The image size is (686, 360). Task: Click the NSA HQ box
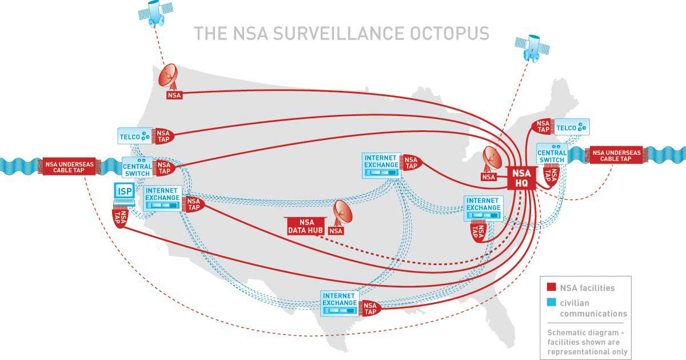(521, 178)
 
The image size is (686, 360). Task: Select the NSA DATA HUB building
(306, 226)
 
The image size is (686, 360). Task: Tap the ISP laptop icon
(125, 194)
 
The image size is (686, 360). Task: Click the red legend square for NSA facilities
(551, 287)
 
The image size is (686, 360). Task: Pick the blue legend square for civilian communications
(551, 302)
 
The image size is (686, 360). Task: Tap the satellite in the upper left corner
(155, 13)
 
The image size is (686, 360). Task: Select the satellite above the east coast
(532, 48)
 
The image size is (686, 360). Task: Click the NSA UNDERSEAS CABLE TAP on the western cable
(69, 167)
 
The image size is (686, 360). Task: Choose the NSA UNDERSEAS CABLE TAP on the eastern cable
(616, 155)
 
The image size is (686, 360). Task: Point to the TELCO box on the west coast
(135, 136)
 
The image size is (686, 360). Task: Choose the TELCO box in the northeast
(572, 127)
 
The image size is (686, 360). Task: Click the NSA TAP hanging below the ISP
(120, 217)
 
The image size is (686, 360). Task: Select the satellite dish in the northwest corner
(168, 77)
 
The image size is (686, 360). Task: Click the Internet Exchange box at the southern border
(340, 303)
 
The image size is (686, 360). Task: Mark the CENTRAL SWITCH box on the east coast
(552, 154)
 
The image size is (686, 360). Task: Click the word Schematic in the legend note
(567, 333)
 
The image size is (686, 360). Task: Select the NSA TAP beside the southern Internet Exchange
(371, 308)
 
